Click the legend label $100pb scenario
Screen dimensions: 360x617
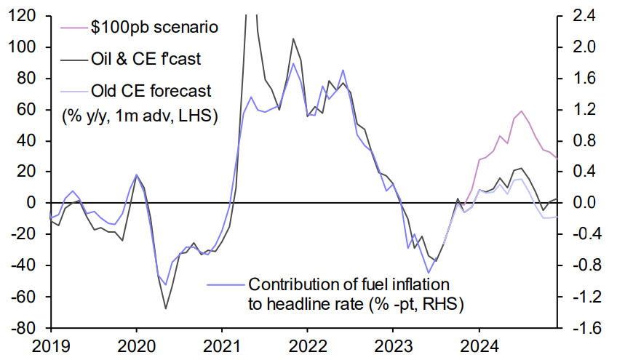click(x=154, y=28)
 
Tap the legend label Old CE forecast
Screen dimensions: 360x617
click(x=151, y=91)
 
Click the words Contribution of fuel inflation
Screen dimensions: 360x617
click(x=350, y=284)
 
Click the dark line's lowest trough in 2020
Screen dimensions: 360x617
click(x=166, y=308)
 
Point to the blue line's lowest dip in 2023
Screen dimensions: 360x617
click(x=429, y=273)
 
